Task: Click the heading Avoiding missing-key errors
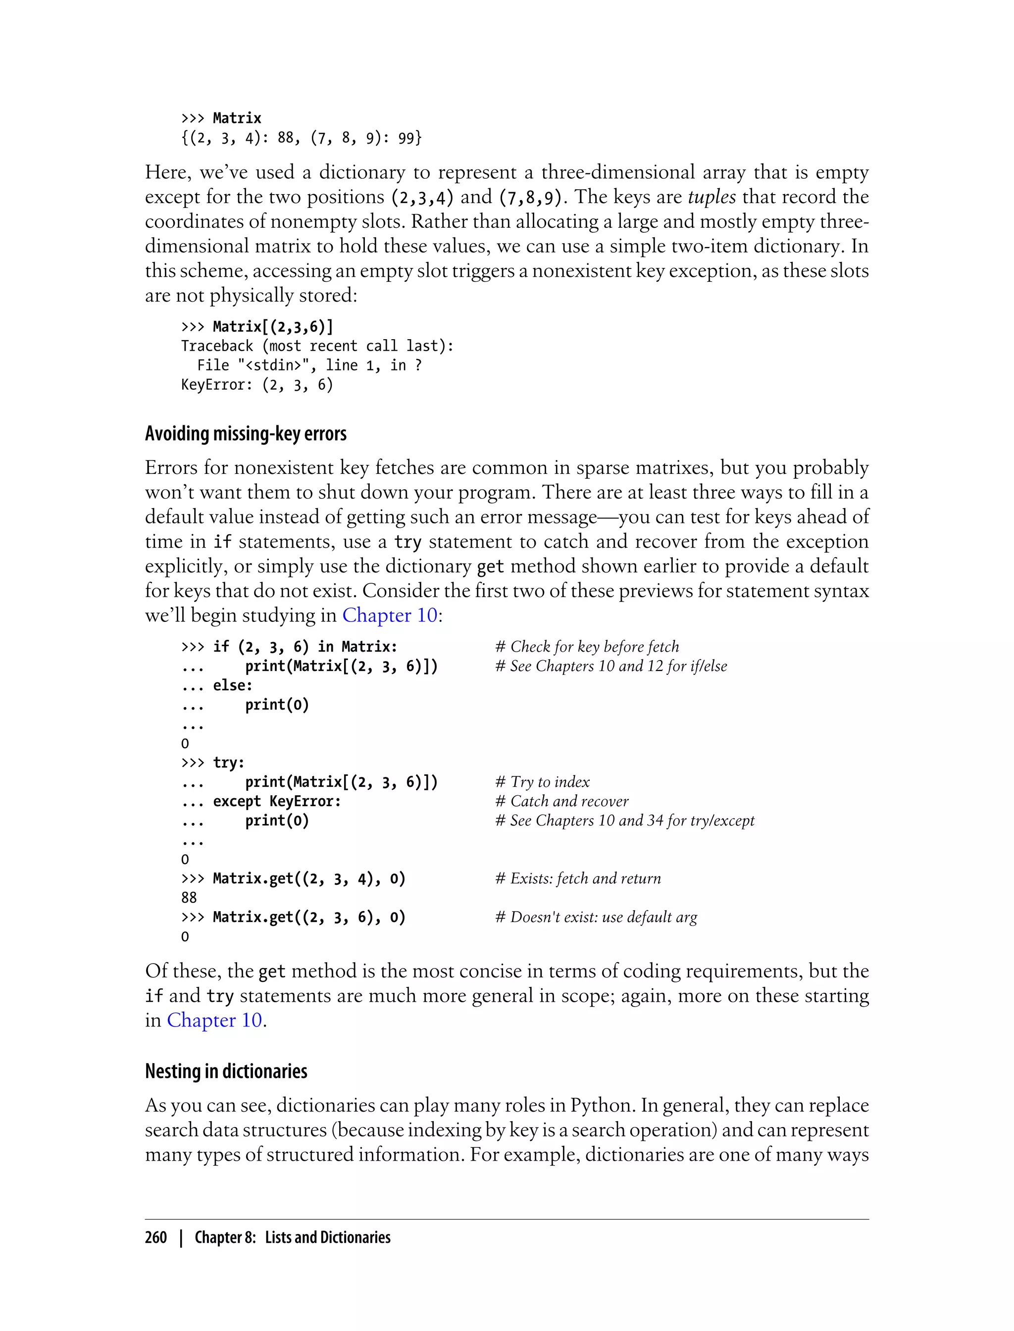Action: click(245, 434)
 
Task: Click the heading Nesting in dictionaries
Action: click(226, 1071)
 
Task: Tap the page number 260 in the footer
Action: click(156, 1237)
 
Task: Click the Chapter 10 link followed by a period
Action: click(214, 1020)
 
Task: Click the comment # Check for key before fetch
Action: click(587, 647)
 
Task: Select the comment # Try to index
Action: click(542, 782)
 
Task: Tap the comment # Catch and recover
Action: click(561, 801)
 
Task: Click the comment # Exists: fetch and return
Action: click(578, 878)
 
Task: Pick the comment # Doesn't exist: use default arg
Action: click(596, 917)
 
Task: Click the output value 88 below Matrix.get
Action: click(189, 898)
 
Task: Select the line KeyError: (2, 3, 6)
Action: click(257, 385)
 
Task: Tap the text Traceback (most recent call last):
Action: click(317, 346)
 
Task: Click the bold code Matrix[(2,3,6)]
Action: click(273, 327)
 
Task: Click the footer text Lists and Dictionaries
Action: click(328, 1237)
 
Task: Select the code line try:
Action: click(229, 763)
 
